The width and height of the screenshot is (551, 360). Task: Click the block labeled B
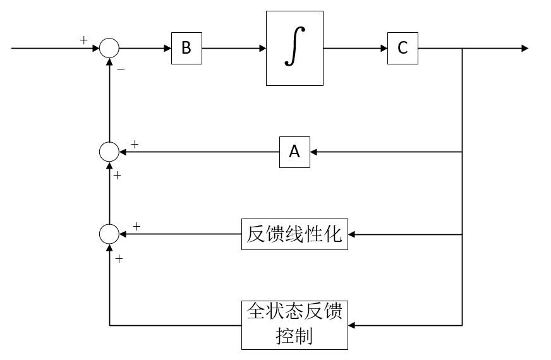pyautogui.click(x=186, y=49)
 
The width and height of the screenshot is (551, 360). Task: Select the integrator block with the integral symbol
pyautogui.click(x=294, y=49)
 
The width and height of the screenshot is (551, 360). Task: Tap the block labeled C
pyautogui.click(x=403, y=49)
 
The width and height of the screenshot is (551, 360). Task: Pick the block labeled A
pyautogui.click(x=294, y=152)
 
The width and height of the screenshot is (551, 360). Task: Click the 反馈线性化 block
pyautogui.click(x=294, y=234)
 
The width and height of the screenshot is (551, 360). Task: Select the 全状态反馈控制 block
pyautogui.click(x=294, y=325)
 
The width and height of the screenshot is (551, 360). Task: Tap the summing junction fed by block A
pyautogui.click(x=109, y=152)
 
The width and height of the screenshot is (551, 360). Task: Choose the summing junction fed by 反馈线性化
pyautogui.click(x=109, y=234)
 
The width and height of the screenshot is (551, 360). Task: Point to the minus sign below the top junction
pyautogui.click(x=121, y=69)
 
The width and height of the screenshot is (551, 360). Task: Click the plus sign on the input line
pyautogui.click(x=84, y=40)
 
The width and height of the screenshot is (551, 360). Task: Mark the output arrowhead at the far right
pyautogui.click(x=524, y=49)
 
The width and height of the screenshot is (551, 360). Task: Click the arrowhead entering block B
pyautogui.click(x=167, y=49)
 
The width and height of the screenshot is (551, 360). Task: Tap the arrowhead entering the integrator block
pyautogui.click(x=262, y=49)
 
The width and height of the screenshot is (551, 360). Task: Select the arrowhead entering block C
pyautogui.click(x=384, y=49)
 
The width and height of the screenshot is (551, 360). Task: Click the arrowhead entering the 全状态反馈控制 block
pyautogui.click(x=352, y=325)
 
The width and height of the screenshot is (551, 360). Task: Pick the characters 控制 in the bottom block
pyautogui.click(x=294, y=336)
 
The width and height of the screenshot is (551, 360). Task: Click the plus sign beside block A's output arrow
pyautogui.click(x=135, y=145)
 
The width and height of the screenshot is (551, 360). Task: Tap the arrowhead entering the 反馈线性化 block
pyautogui.click(x=352, y=234)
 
